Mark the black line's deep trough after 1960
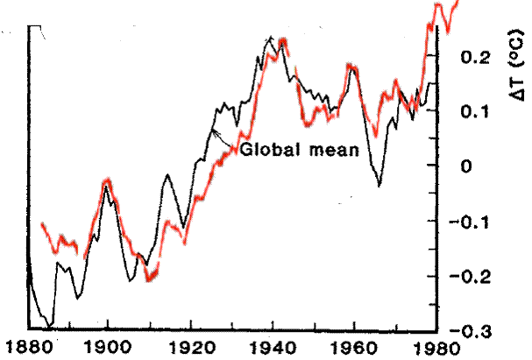pyautogui.click(x=379, y=185)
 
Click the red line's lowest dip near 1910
pyautogui.click(x=150, y=280)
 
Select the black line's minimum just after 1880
pyautogui.click(x=50, y=327)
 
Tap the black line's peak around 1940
pyautogui.click(x=272, y=38)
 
